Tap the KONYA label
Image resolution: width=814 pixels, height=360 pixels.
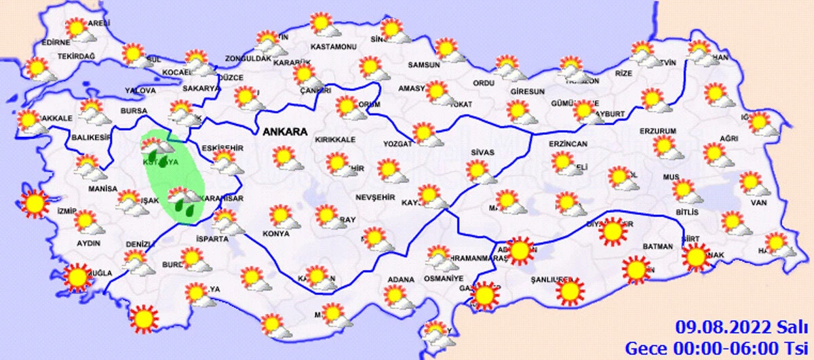[275, 234]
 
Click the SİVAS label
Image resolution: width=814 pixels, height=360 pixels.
[482, 153]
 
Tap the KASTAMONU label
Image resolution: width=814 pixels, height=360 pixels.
[333, 47]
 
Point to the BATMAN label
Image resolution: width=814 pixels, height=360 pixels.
[657, 246]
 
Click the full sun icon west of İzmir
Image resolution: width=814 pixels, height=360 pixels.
[34, 204]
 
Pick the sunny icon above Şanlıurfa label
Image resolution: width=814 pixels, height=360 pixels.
[568, 292]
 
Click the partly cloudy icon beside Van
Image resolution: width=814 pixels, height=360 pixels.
[750, 183]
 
